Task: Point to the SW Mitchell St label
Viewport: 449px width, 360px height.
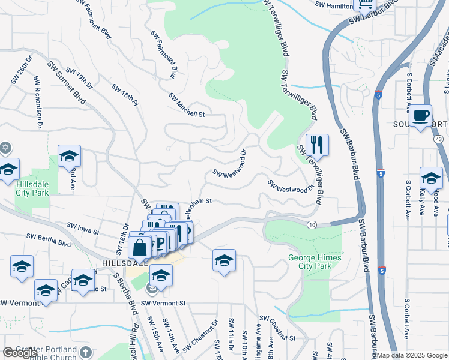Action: [x=187, y=104]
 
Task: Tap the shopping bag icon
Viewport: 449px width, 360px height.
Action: [x=139, y=247]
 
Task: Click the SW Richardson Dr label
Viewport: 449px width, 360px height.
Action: [x=38, y=102]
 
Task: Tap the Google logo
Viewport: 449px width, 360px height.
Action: [x=20, y=353]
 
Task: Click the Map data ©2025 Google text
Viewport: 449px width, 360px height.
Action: [x=412, y=355]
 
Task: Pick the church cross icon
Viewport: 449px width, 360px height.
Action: [x=86, y=352]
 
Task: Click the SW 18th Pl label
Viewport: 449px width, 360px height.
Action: [x=125, y=95]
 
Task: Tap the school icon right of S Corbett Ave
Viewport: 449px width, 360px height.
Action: [x=430, y=178]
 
